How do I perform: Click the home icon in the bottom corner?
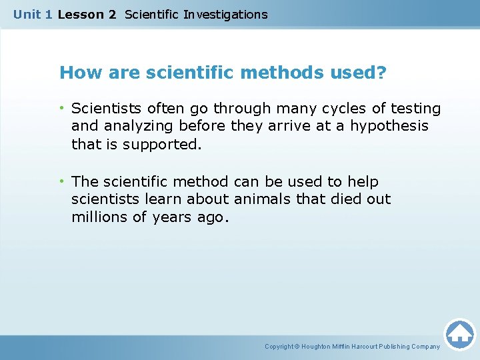coord(459,334)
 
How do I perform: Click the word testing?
coord(415,108)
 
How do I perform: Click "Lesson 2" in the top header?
coord(87,14)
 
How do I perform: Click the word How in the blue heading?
coord(77,72)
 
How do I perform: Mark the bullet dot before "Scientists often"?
coord(62,108)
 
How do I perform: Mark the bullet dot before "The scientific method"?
coord(62,181)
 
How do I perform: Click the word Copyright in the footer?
coord(280,347)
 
